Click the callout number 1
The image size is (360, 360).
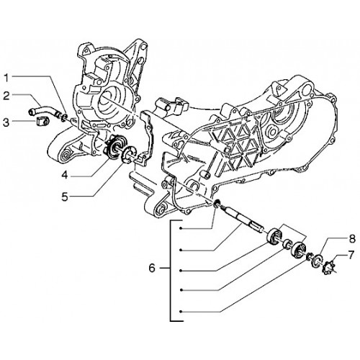[x=6, y=78]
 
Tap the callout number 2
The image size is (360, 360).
[x=6, y=96]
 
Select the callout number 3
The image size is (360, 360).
[x=6, y=122]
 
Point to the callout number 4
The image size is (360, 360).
[x=65, y=175]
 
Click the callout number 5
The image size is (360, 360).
[x=65, y=197]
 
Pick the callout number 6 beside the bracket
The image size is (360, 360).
[x=152, y=268]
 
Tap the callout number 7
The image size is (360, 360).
[x=351, y=255]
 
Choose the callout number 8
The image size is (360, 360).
[x=352, y=239]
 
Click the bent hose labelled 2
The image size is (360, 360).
[x=44, y=110]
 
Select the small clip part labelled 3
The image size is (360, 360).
[x=42, y=121]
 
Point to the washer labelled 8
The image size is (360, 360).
[x=316, y=261]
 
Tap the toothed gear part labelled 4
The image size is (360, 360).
[x=114, y=146]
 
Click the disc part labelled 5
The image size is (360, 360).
[x=128, y=154]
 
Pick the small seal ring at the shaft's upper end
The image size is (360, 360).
[x=217, y=204]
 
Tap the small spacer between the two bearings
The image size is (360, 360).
[x=286, y=245]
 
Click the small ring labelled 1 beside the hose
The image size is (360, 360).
[x=63, y=117]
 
